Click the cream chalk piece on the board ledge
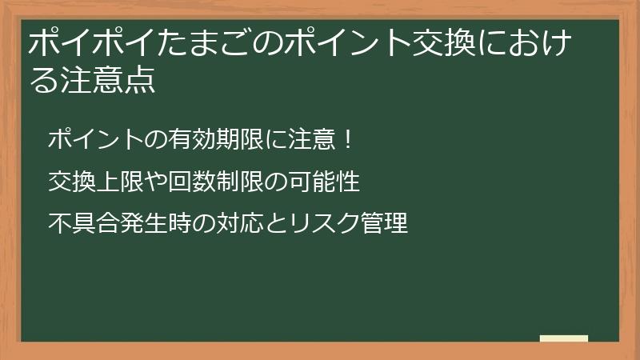563,338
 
